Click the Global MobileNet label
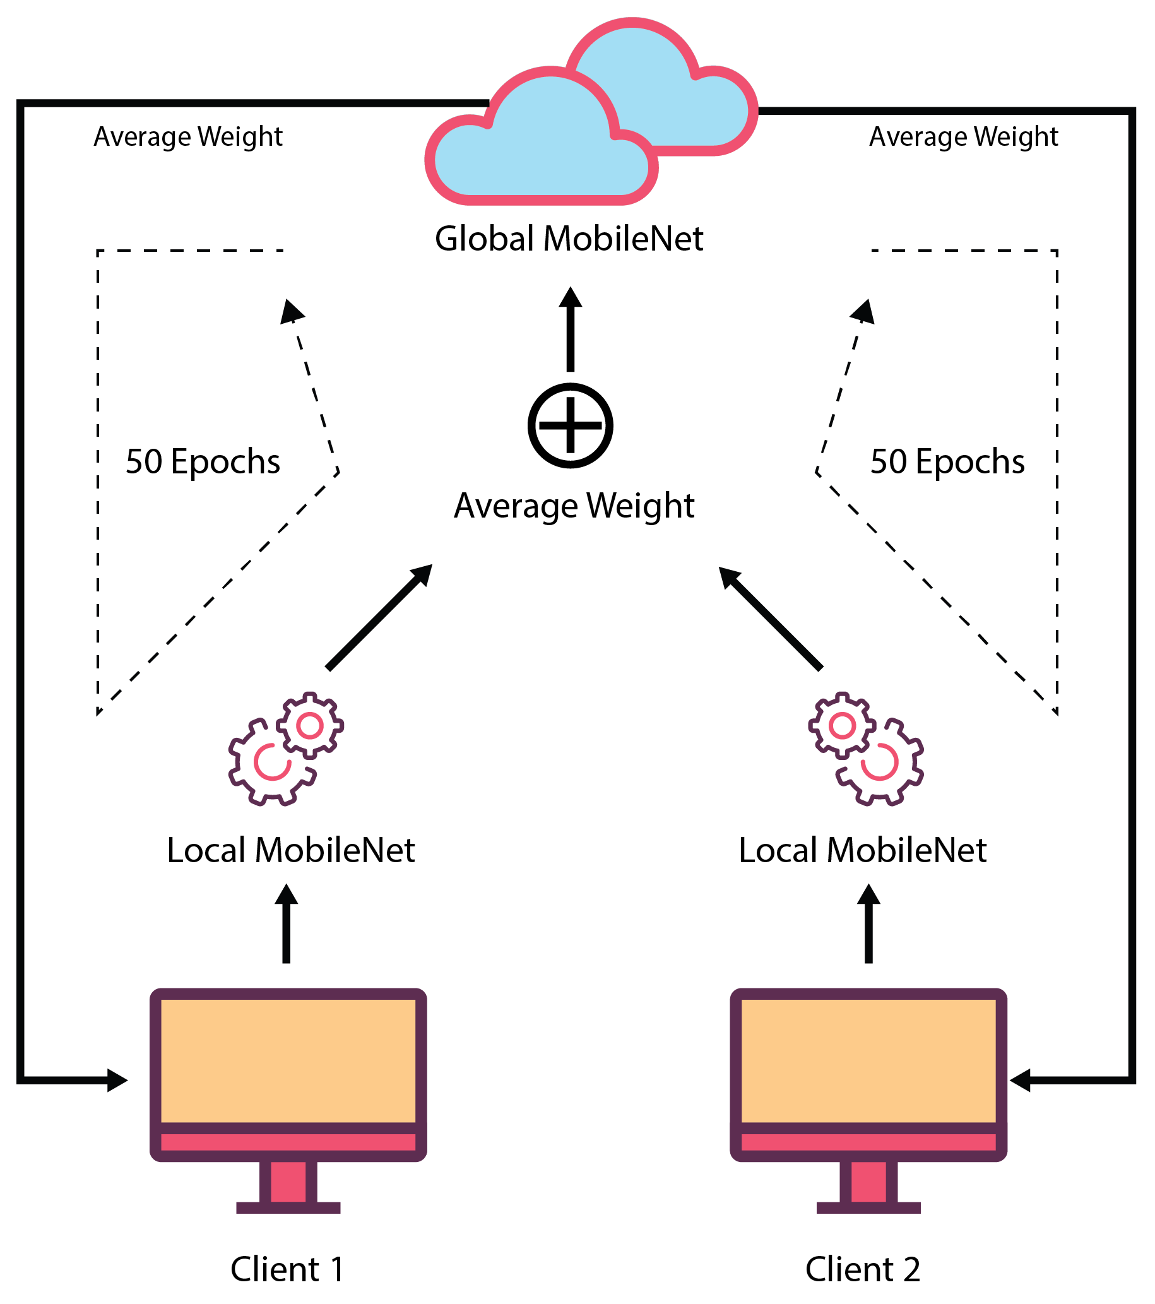(x=568, y=239)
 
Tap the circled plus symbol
(x=570, y=425)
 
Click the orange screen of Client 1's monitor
(x=288, y=1060)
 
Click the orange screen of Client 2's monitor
(x=868, y=1060)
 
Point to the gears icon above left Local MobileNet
(x=286, y=749)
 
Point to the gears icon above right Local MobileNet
(x=865, y=749)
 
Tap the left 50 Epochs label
(x=203, y=461)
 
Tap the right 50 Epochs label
(x=947, y=461)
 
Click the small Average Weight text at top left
(x=188, y=136)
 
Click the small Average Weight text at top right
(x=963, y=136)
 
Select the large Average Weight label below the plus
(x=573, y=506)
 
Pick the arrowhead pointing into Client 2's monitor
(x=1021, y=1080)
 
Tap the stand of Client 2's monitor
(x=868, y=1187)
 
